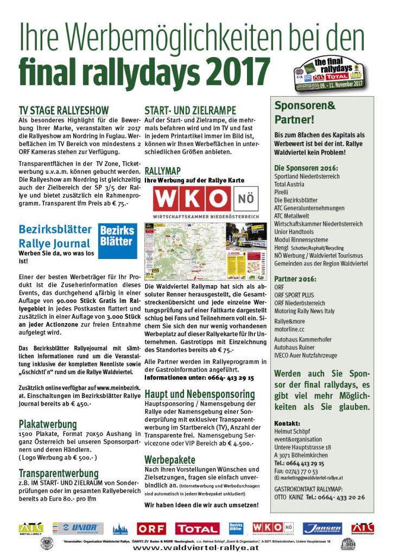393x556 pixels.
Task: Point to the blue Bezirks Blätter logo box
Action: pyautogui.click(x=118, y=236)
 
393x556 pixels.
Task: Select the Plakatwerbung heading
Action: pyautogui.click(x=47, y=424)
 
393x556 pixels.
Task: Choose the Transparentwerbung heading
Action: pyautogui.click(x=58, y=473)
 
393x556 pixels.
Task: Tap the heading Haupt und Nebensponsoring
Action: pyautogui.click(x=199, y=394)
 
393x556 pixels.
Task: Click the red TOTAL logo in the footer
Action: pyautogui.click(x=198, y=528)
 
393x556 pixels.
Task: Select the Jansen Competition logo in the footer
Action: pyautogui.click(x=322, y=528)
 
